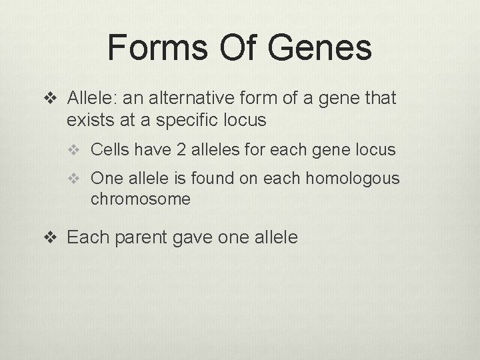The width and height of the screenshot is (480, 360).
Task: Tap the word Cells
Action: click(x=110, y=150)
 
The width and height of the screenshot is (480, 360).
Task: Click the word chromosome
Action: click(x=141, y=199)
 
